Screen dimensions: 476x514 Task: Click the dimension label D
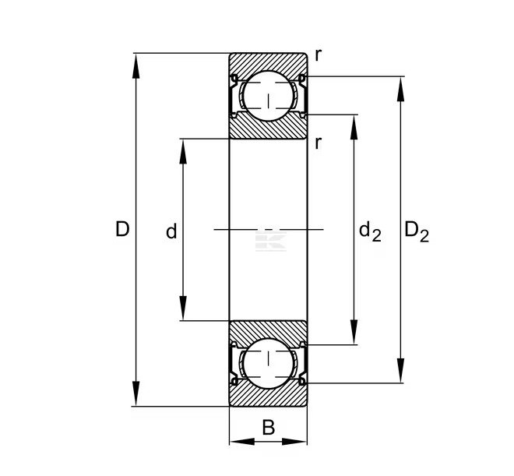121,230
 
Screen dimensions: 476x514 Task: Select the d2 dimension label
370,231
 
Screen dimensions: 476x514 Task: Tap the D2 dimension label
417,231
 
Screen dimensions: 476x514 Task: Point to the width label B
268,427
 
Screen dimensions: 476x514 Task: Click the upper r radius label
318,55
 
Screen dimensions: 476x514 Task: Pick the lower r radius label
319,143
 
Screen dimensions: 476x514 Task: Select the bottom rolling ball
268,363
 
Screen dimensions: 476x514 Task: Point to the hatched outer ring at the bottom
268,397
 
